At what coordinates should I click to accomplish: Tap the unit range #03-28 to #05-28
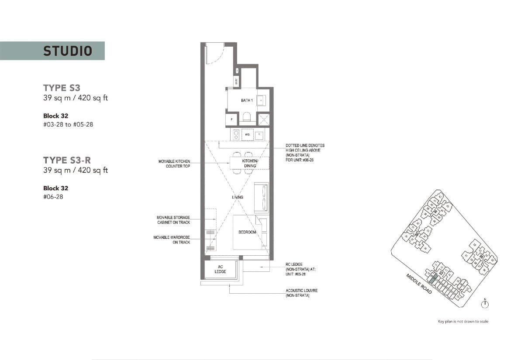tap(68, 124)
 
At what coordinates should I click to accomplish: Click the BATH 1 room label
tap(247, 101)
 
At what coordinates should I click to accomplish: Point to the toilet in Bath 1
tap(247, 117)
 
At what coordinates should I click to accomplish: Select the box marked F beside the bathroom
tap(231, 119)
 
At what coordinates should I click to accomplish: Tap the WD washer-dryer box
tap(247, 135)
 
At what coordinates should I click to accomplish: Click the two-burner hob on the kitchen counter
tap(236, 135)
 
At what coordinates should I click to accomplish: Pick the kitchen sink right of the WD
tap(259, 135)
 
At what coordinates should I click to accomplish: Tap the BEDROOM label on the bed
tap(247, 232)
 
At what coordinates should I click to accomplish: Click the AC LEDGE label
tap(221, 269)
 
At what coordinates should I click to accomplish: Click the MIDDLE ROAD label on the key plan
tap(419, 284)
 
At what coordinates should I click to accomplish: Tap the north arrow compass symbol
tap(485, 304)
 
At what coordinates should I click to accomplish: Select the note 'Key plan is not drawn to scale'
tap(463, 322)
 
